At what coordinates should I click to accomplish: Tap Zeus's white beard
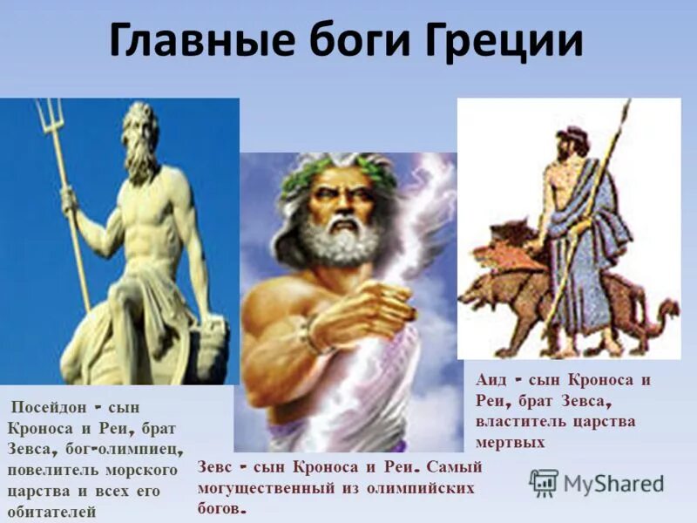pyautogui.click(x=335, y=240)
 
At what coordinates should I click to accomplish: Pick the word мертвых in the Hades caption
pyautogui.click(x=511, y=442)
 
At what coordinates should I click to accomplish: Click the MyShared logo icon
pyautogui.click(x=544, y=482)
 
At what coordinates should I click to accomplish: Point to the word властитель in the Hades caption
pyautogui.click(x=521, y=421)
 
